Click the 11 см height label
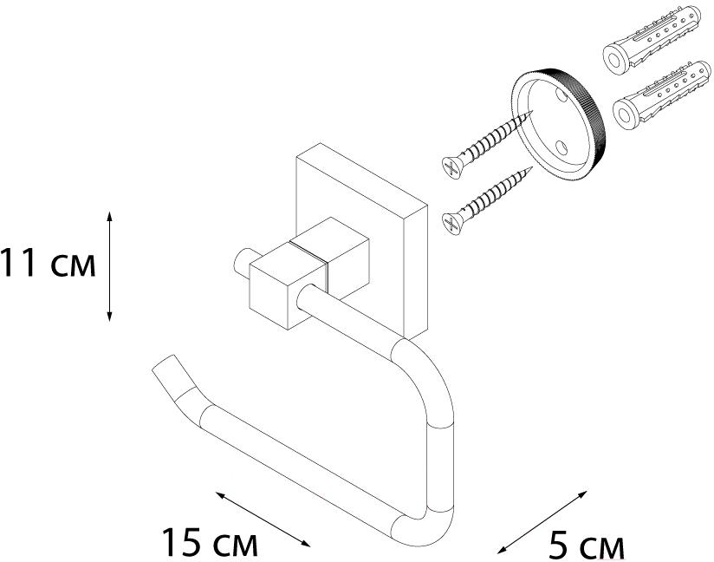point(47,263)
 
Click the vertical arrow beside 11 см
point(110,265)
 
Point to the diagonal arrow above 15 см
point(262,518)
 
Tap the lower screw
point(485,202)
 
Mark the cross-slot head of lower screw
point(451,223)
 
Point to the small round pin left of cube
point(241,264)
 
